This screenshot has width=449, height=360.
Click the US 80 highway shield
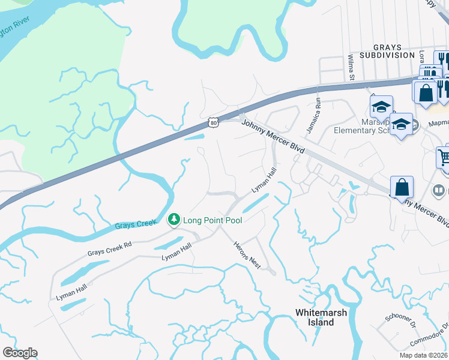(214, 122)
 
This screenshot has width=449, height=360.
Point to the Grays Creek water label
(136, 225)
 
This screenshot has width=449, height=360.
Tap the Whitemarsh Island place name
(315, 317)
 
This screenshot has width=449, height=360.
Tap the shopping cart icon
(444, 158)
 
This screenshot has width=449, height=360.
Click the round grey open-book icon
(439, 192)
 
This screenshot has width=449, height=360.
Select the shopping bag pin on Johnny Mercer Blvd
(402, 187)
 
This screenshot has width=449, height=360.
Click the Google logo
(20, 353)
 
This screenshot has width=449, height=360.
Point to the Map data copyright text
(424, 355)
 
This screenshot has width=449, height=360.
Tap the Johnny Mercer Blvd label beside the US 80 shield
(273, 137)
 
